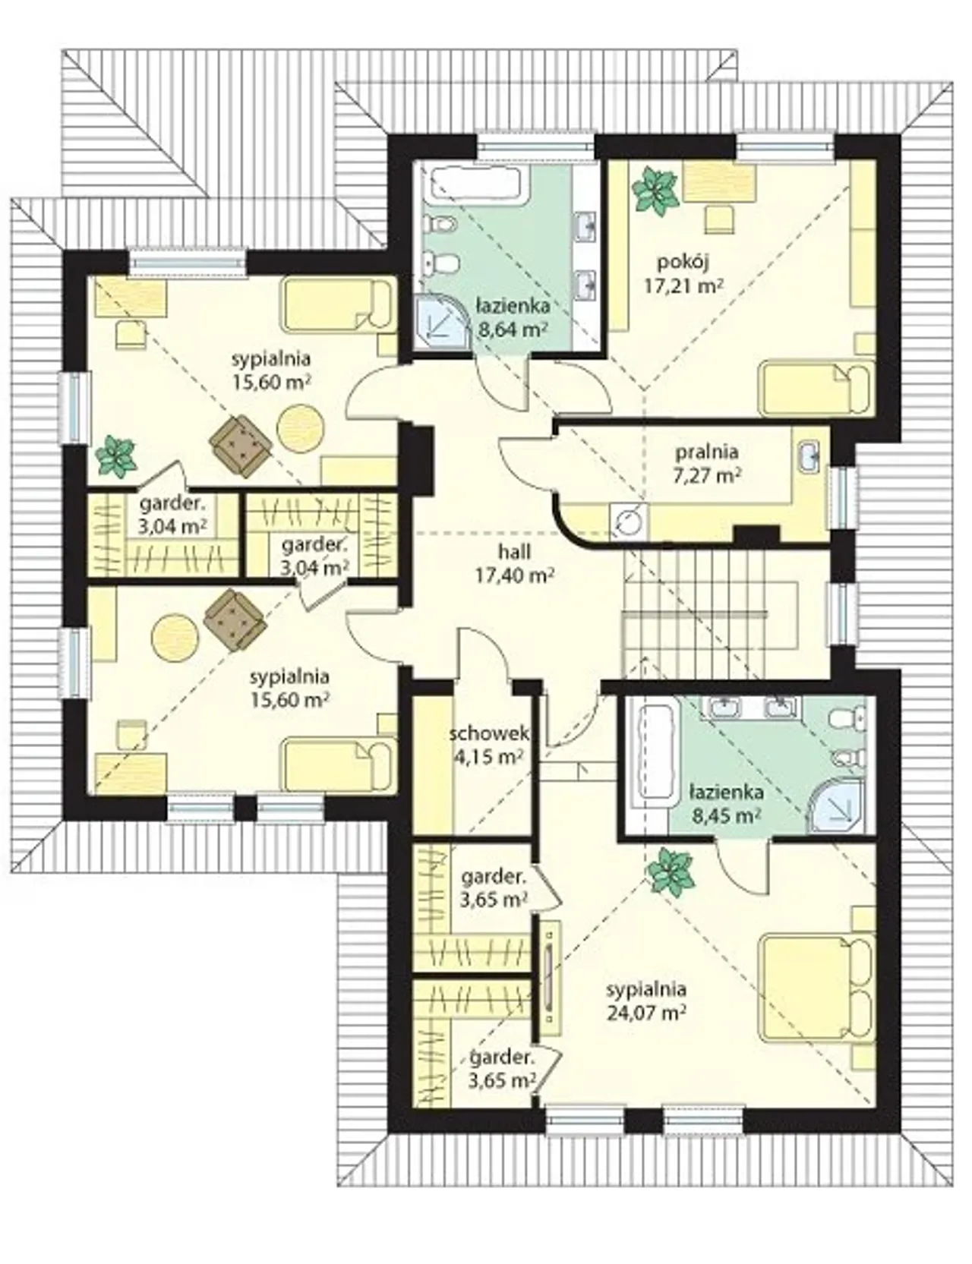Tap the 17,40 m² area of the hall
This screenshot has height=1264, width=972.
click(x=514, y=576)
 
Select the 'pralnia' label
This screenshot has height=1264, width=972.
click(x=707, y=452)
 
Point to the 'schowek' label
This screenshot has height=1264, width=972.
click(x=488, y=734)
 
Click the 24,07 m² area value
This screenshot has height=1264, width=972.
click(x=647, y=1011)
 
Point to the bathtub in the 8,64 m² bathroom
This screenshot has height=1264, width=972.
click(x=478, y=186)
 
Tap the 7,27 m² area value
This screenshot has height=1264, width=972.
click(x=706, y=475)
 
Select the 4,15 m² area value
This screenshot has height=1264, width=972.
click(x=489, y=756)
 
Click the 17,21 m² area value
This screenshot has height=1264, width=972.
click(x=683, y=286)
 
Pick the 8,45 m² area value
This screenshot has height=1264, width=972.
click(x=726, y=815)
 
